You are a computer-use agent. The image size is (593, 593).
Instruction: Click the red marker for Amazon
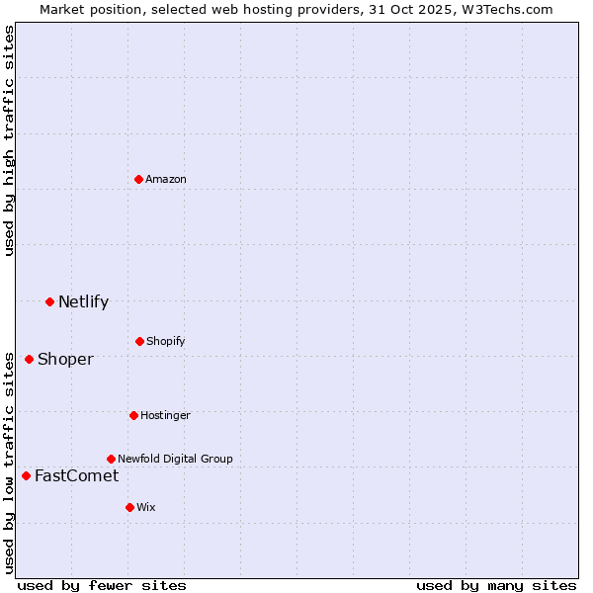point(139,179)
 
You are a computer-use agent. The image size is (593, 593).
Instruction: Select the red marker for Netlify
point(49,301)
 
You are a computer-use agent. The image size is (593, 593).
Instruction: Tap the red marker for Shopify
point(139,341)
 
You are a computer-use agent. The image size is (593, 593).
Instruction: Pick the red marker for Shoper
point(29,359)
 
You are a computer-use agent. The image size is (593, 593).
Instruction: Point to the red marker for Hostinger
point(133,415)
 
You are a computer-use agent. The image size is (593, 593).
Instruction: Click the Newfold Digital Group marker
point(111,459)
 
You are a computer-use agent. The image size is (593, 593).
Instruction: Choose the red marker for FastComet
point(26,475)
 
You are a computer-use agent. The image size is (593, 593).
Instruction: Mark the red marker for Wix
point(129,507)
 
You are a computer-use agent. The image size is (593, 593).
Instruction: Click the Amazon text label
point(166,179)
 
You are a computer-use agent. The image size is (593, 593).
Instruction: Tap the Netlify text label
point(83,301)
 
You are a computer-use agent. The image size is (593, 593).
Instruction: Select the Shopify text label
point(166,341)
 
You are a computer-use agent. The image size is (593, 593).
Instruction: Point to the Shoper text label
point(65,359)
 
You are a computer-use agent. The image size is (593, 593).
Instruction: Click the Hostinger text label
point(165,415)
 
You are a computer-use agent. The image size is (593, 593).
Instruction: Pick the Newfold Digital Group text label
point(175,459)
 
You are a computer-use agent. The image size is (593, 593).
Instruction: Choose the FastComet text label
point(76,475)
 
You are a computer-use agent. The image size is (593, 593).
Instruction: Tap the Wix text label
point(146,507)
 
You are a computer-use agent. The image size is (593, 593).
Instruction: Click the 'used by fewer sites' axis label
point(102,585)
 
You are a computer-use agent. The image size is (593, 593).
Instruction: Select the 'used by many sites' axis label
point(496,585)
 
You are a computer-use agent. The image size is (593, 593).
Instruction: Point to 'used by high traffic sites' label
point(9,140)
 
